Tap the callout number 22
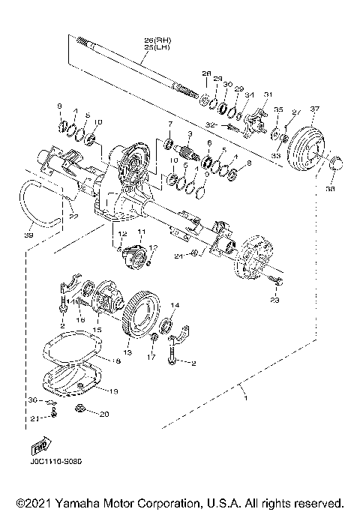(73, 217)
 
